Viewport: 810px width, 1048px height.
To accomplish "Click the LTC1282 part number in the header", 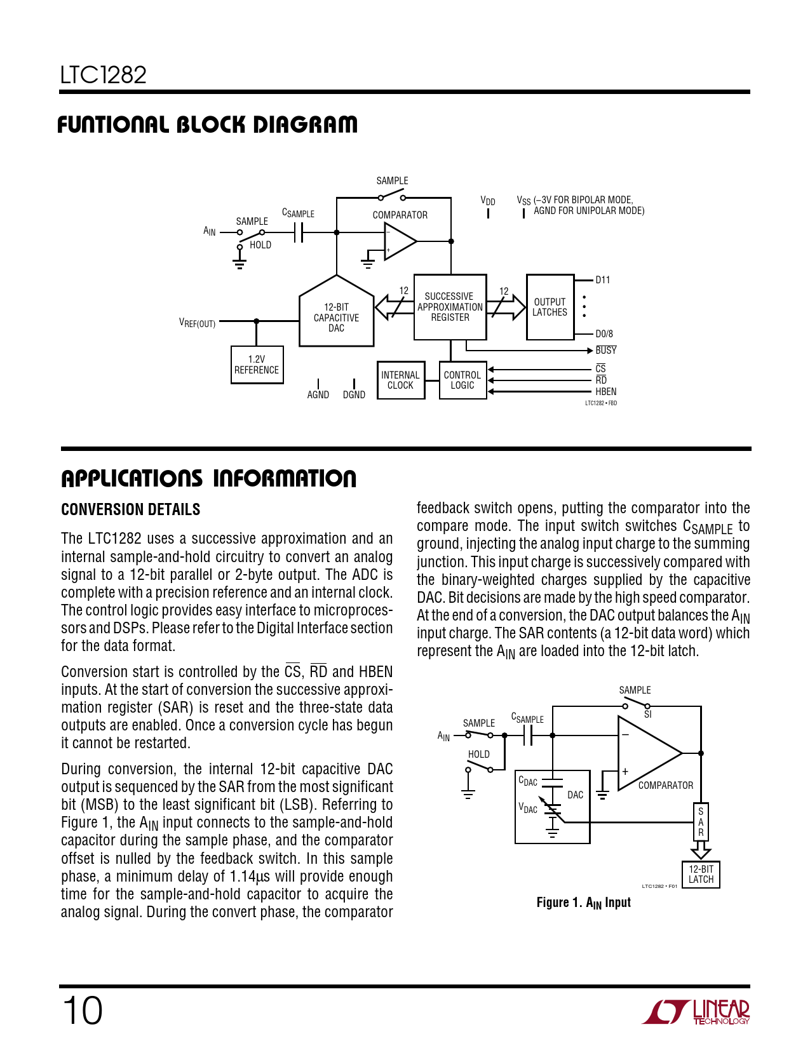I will point(104,76).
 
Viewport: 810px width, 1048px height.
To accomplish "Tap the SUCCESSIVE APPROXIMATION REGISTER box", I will point(450,307).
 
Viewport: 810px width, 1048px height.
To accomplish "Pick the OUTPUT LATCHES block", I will point(550,307).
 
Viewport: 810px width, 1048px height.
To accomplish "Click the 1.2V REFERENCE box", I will point(257,365).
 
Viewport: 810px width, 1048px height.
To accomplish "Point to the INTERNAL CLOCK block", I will point(400,380).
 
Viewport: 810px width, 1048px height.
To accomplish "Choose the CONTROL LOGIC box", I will point(462,380).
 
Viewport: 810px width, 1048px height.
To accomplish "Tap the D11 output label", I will point(602,280).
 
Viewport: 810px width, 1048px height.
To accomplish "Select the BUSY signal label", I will point(605,351).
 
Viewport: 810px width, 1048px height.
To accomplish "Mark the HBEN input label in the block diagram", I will point(605,392).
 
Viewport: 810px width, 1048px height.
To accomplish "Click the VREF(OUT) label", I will point(198,323).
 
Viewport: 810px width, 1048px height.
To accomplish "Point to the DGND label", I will point(354,395).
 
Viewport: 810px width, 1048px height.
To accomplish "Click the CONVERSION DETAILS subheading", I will point(130,510).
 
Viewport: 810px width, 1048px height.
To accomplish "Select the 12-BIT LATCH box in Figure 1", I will point(701,875).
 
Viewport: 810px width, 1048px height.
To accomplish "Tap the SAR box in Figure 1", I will point(701,822).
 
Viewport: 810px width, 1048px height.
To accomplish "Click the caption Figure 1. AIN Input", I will point(583,903).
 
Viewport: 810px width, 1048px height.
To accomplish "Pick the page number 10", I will point(82,1011).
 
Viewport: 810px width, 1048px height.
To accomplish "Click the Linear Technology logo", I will point(696,1012).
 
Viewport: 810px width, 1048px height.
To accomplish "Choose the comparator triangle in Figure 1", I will point(645,753).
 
